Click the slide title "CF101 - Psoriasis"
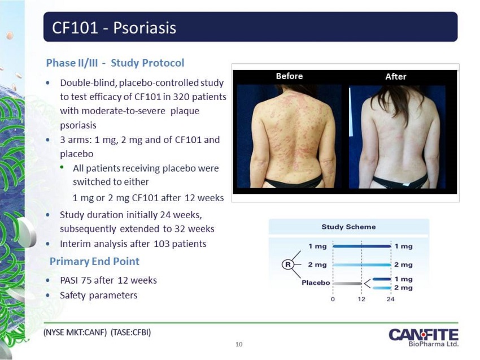point(114,28)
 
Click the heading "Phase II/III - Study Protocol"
point(115,63)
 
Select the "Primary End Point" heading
point(94,261)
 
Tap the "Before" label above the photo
point(289,76)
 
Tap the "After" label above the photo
point(396,77)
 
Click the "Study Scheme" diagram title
point(348,227)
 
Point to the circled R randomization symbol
point(288,264)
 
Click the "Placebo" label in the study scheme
point(316,283)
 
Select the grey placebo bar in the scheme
point(347,283)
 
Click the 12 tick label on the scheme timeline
point(361,299)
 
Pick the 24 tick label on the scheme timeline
point(390,299)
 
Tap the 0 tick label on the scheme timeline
point(333,299)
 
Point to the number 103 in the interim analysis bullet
point(162,244)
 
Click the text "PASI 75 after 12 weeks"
point(108,280)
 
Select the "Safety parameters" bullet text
point(99,296)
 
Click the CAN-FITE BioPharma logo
point(424,337)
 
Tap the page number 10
point(239,344)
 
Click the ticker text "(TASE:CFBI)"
point(130,332)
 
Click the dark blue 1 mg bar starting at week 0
point(362,246)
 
